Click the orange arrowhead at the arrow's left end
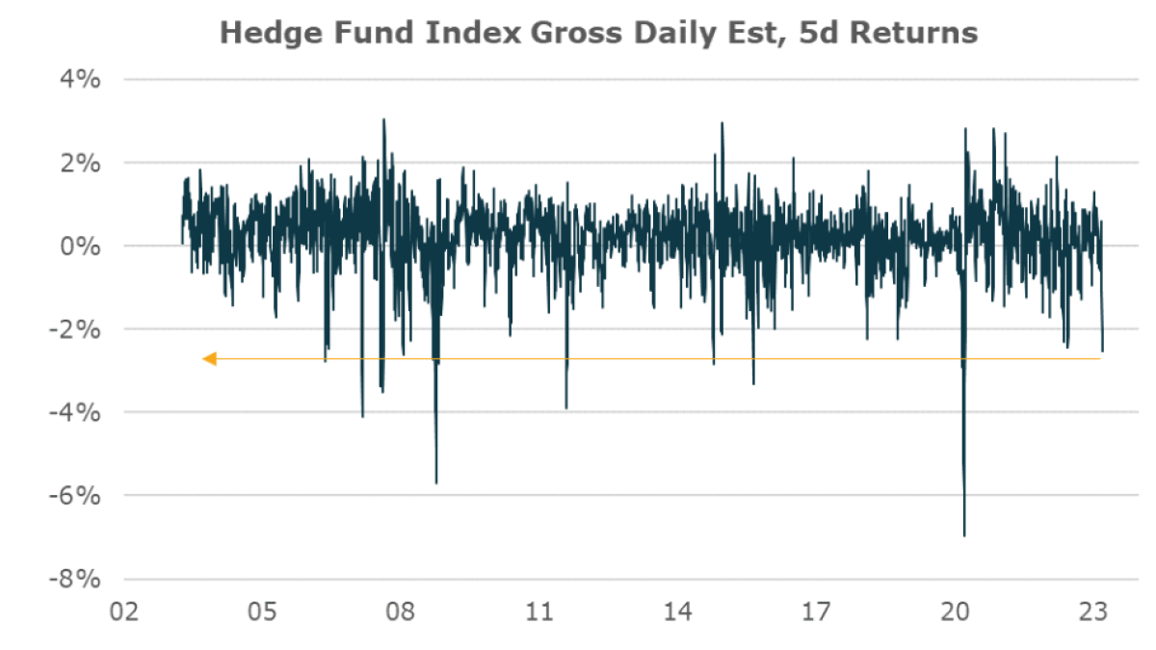pyautogui.click(x=209, y=359)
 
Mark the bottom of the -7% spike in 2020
pyautogui.click(x=964, y=534)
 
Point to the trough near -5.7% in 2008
pyautogui.click(x=436, y=482)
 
